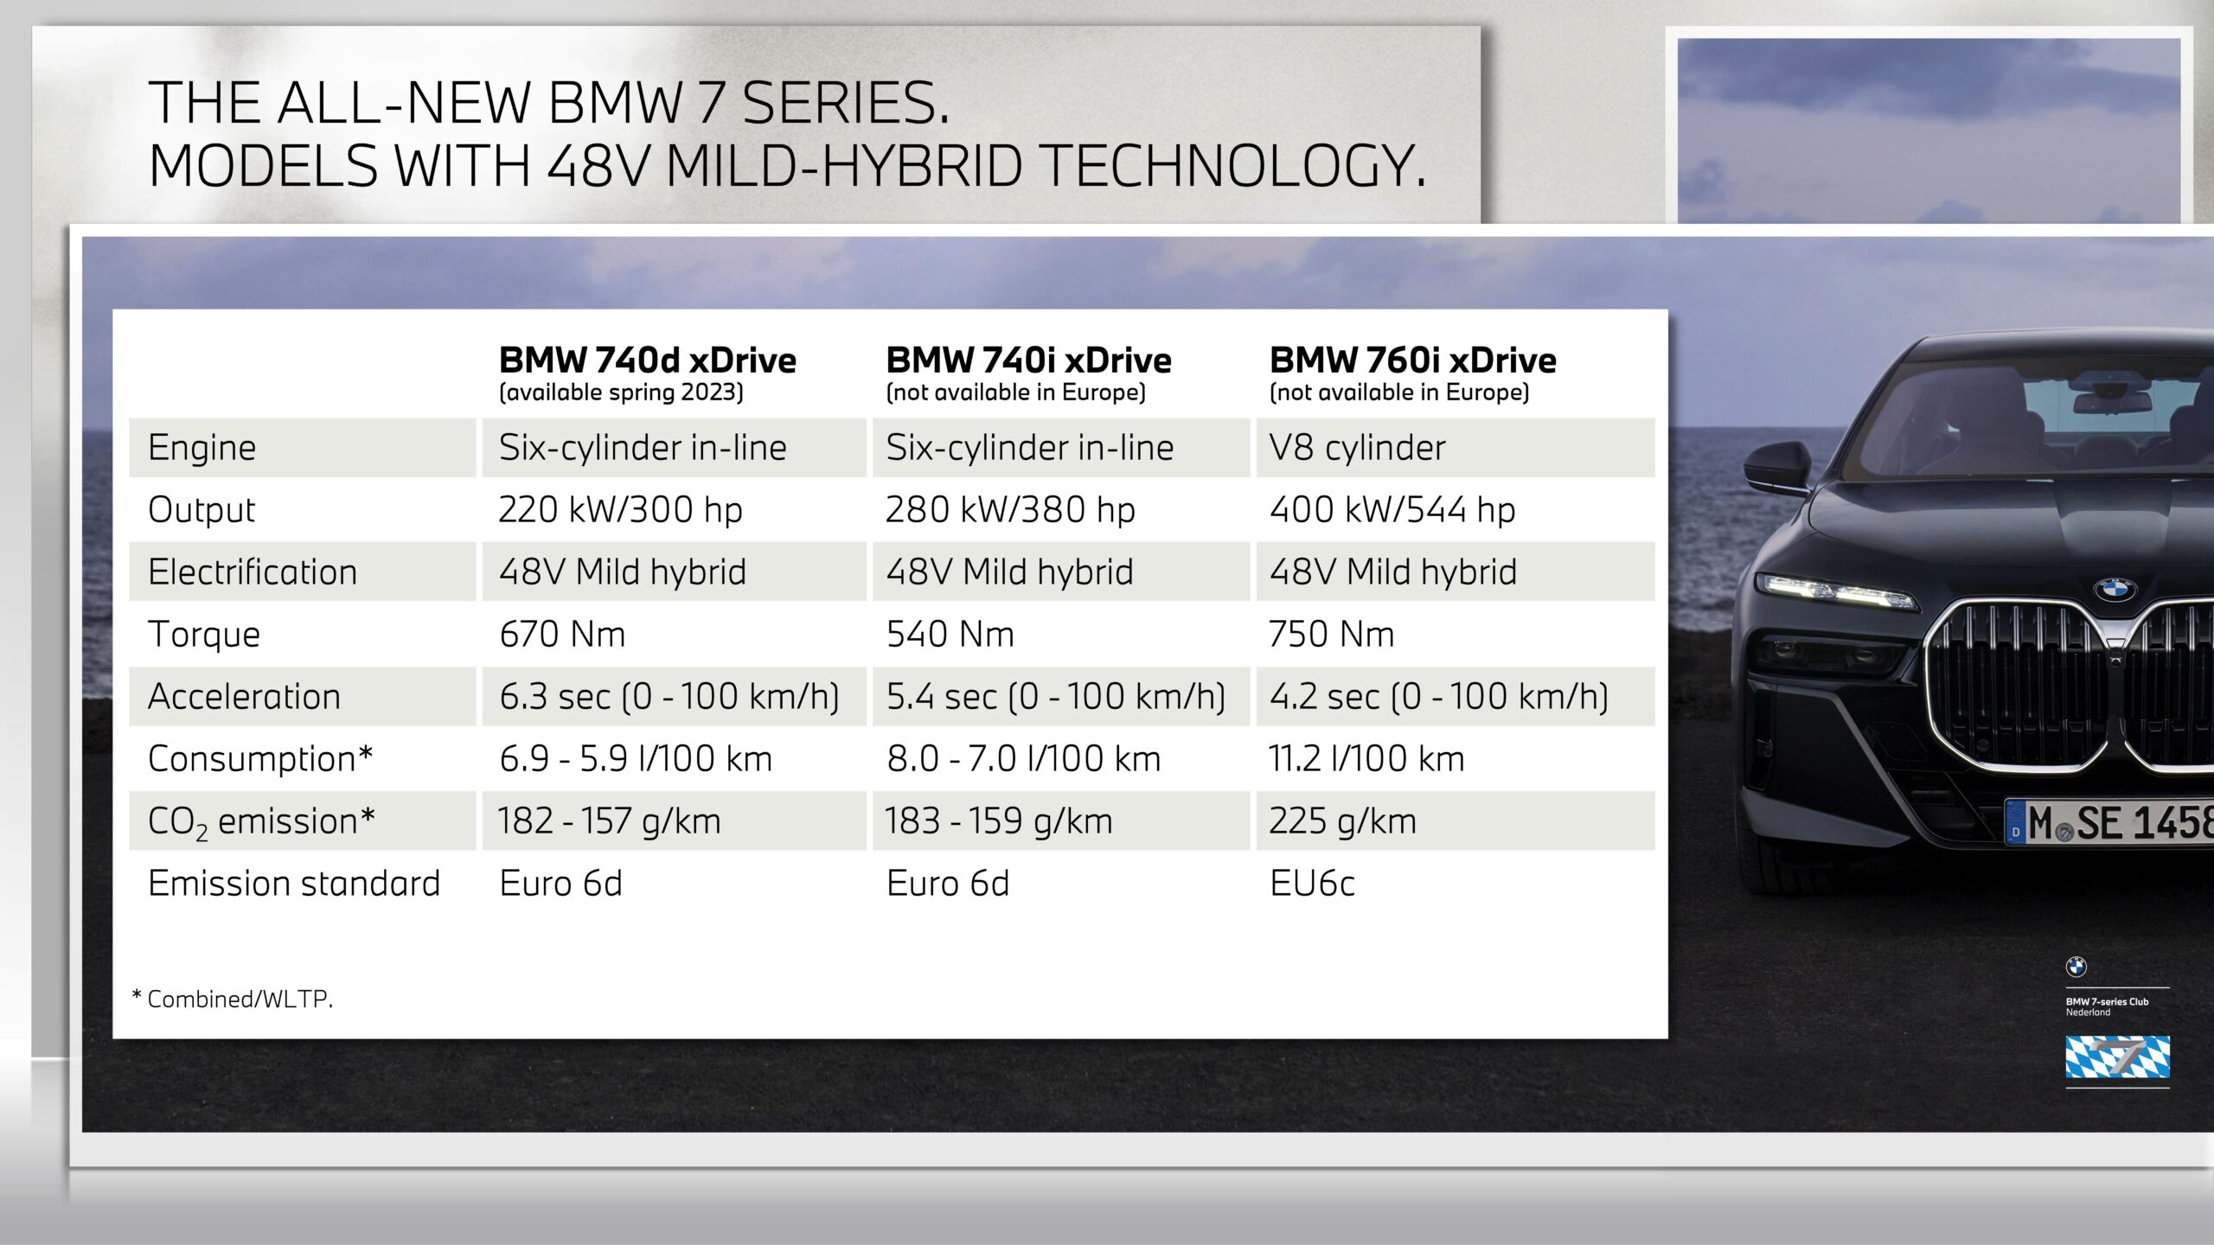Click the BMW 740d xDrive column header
(647, 360)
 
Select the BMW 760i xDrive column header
(1412, 360)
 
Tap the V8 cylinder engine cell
(1357, 448)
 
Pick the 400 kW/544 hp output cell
(1392, 510)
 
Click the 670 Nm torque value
(562, 635)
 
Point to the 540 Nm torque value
(950, 635)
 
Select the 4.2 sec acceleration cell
(1439, 697)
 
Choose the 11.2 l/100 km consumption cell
(1366, 759)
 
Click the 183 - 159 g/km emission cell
(999, 821)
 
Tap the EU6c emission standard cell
(1312, 884)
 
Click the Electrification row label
(253, 572)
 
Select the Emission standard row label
(294, 884)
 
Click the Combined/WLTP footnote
(232, 999)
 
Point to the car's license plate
(2109, 821)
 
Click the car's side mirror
(1776, 469)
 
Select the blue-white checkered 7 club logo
(2117, 1057)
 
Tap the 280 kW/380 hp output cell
(1010, 510)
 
